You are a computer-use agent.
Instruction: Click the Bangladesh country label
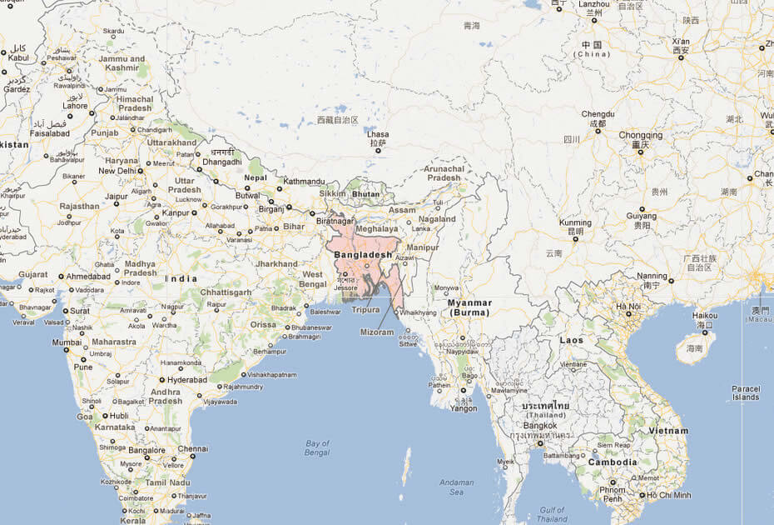[363, 254]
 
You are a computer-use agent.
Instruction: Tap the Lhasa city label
[377, 133]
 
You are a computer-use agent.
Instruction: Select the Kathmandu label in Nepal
[304, 181]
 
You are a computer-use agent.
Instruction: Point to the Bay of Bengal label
[317, 447]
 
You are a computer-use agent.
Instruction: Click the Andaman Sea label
[457, 487]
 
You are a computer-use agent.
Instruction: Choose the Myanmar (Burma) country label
[470, 307]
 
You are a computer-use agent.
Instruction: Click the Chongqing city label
[640, 135]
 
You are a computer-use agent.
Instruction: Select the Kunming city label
[575, 223]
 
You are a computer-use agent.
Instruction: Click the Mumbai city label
[67, 342]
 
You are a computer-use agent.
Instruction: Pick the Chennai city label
[192, 448]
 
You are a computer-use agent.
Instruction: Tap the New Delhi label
[117, 171]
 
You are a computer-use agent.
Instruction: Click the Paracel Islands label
[746, 392]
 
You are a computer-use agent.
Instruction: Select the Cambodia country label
[613, 462]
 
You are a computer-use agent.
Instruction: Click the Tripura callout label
[365, 310]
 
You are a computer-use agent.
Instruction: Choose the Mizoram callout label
[377, 332]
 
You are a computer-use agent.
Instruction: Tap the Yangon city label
[463, 408]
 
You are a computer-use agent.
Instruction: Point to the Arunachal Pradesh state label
[443, 172]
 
